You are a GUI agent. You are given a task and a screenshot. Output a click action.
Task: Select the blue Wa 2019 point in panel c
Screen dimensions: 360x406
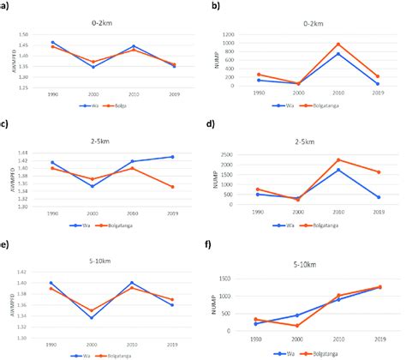(x=170, y=157)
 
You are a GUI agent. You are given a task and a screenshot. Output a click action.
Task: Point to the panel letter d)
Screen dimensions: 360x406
(x=204, y=125)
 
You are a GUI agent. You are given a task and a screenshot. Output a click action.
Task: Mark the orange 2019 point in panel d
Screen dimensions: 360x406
(x=378, y=172)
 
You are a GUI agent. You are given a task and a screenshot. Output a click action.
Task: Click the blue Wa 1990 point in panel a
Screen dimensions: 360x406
(x=52, y=42)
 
